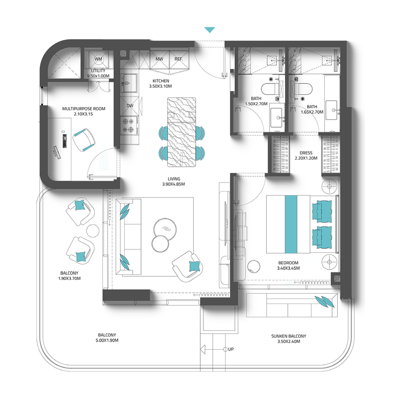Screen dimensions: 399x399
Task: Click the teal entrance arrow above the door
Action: (209, 30)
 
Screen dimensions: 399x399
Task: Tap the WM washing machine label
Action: (98, 59)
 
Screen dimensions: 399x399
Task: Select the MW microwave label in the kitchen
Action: (159, 59)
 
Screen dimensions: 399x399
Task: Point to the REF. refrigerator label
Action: (179, 59)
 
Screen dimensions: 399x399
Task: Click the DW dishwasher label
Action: (130, 106)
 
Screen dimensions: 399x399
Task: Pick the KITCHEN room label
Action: (161, 81)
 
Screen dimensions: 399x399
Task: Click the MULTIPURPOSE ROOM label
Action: (84, 109)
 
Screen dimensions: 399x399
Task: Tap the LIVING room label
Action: (174, 179)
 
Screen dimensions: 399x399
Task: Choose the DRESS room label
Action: (306, 153)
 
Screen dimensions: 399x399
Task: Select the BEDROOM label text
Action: (288, 263)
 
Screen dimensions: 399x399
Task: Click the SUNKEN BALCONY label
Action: (289, 336)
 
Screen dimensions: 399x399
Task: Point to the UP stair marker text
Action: (231, 349)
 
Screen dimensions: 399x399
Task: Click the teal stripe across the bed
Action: (291, 224)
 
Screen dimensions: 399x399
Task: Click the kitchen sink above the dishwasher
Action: (130, 83)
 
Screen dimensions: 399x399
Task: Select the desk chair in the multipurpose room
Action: (84, 140)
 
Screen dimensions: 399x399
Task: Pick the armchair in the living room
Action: (188, 266)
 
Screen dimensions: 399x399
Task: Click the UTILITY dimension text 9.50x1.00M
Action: (98, 76)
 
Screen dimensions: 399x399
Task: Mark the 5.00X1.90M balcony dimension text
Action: (107, 341)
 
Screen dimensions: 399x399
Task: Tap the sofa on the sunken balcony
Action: (292, 305)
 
